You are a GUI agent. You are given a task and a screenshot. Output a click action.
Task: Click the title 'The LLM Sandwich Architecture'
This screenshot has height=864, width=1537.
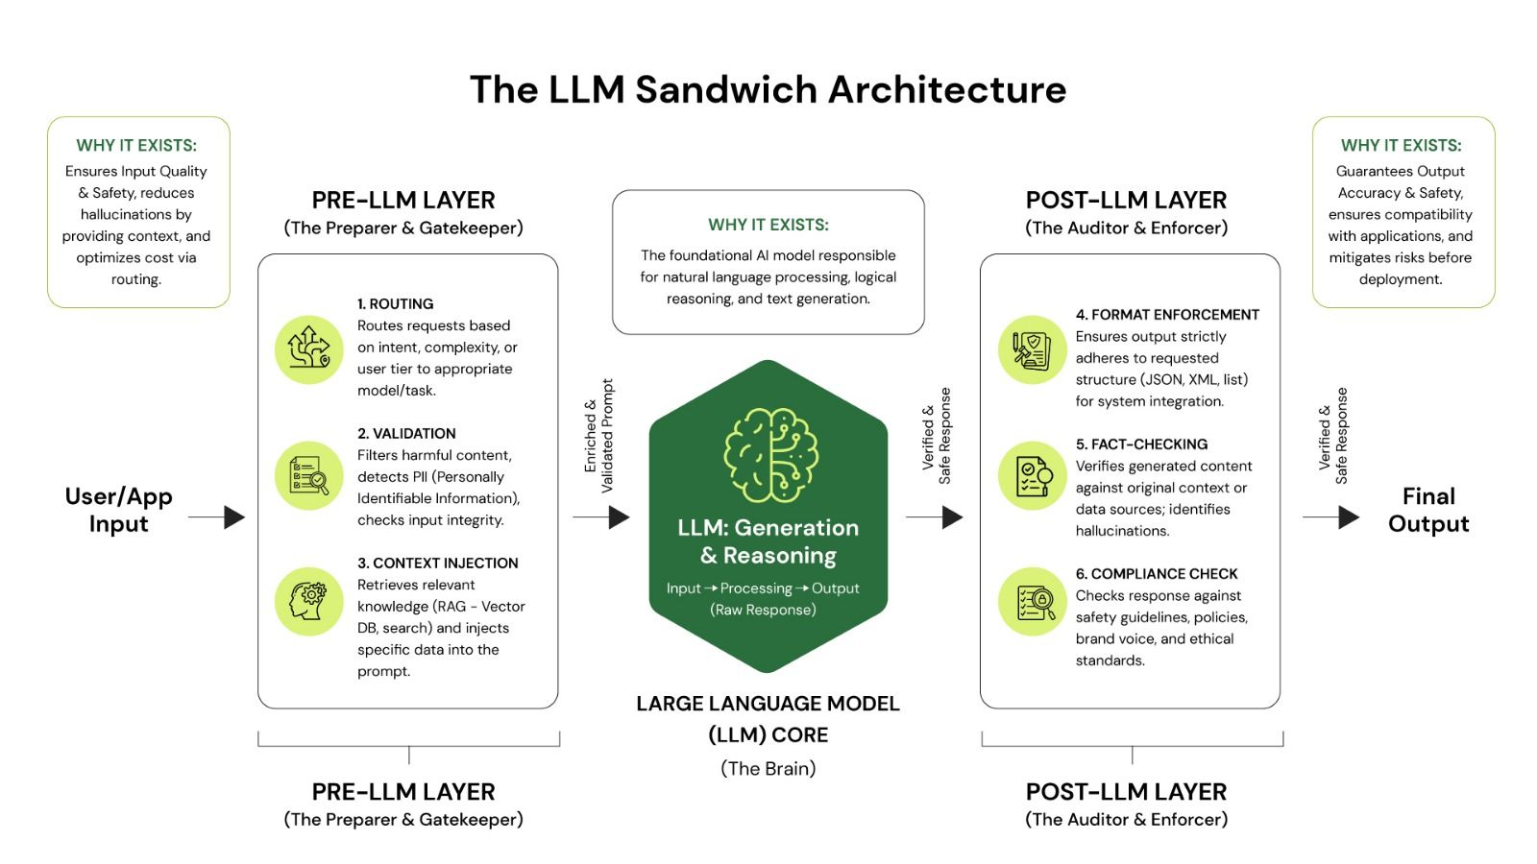pos(768,89)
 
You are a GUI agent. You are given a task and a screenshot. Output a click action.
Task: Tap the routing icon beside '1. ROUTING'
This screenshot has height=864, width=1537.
pos(308,347)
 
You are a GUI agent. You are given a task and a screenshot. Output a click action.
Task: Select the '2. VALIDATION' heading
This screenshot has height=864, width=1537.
pos(406,433)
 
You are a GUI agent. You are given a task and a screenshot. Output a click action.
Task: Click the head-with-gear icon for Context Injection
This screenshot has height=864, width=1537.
pos(308,601)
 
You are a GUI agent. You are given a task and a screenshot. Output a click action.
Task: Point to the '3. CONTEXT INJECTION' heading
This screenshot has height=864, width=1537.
pos(437,563)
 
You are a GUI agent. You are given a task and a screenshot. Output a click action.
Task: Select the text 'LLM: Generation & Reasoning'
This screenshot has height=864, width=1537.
pos(768,541)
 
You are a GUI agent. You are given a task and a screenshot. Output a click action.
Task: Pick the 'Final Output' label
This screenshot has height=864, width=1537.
pos(1428,510)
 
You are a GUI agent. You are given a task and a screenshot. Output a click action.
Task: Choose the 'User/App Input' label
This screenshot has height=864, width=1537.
pos(118,510)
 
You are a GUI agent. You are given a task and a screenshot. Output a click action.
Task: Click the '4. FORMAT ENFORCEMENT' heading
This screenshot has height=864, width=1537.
pos(1167,314)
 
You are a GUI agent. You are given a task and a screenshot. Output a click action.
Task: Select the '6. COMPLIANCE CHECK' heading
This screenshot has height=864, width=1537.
pos(1157,573)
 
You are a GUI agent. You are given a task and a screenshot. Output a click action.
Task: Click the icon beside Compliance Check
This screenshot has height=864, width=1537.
pos(1031,601)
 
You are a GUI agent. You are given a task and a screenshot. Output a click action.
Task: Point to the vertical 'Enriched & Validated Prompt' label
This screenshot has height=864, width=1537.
pos(598,437)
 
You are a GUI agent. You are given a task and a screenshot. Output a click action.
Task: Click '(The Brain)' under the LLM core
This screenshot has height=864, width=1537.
pos(768,768)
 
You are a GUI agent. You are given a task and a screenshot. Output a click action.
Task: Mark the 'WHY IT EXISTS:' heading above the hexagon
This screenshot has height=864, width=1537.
pos(768,225)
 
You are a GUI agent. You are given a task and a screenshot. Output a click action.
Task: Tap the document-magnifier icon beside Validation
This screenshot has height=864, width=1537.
pos(308,475)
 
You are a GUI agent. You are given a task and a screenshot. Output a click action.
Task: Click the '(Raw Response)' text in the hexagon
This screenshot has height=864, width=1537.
pos(763,610)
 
